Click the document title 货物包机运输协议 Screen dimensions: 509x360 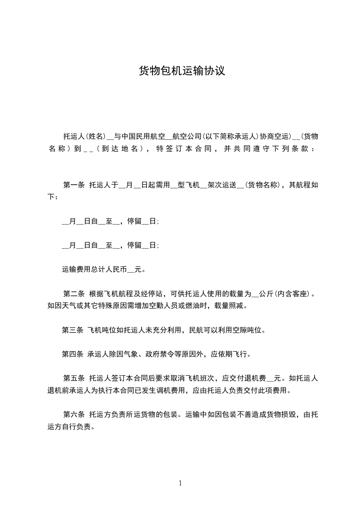pos(182,71)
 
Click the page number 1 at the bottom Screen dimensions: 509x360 pos(180,483)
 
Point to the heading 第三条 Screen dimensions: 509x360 pos(72,330)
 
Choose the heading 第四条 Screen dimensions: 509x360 pos(72,354)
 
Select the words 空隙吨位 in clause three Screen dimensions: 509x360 pos(250,330)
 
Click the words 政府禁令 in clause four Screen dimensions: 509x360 pos(159,354)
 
